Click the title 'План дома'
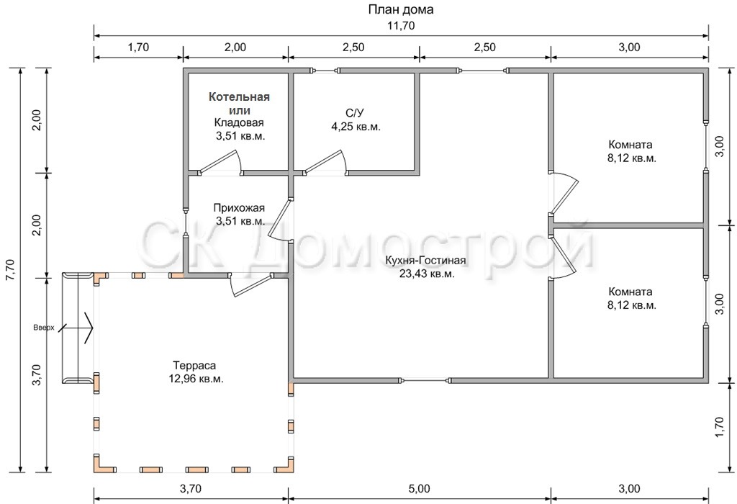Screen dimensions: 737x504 pyautogui.click(x=400, y=9)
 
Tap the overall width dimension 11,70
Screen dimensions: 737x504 pyautogui.click(x=401, y=26)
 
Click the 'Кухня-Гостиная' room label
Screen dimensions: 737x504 pyautogui.click(x=425, y=261)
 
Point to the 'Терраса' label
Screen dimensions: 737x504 pyautogui.click(x=194, y=365)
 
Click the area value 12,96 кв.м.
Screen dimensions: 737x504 pyautogui.click(x=196, y=379)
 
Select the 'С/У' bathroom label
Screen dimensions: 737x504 pyautogui.click(x=355, y=113)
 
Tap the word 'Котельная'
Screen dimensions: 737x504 pyautogui.click(x=239, y=97)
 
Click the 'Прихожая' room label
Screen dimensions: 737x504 pyautogui.click(x=239, y=208)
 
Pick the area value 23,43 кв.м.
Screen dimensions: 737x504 pyautogui.click(x=427, y=274)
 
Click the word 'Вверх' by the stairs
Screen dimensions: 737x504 pyautogui.click(x=44, y=328)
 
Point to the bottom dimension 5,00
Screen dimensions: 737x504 pyautogui.click(x=420, y=488)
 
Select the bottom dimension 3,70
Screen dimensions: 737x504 pyautogui.click(x=191, y=488)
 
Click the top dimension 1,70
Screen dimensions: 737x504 pyautogui.click(x=138, y=48)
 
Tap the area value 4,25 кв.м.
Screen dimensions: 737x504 pyautogui.click(x=356, y=127)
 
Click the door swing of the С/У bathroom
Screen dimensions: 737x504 pyautogui.click(x=325, y=162)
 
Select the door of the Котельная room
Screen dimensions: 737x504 pyautogui.click(x=220, y=162)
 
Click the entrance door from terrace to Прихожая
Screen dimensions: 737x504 pyautogui.click(x=250, y=285)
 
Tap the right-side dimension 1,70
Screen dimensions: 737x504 pyautogui.click(x=719, y=428)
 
